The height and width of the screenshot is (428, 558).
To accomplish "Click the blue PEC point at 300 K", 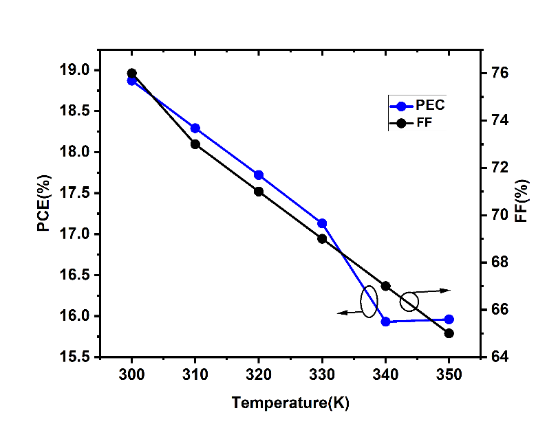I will (x=132, y=81).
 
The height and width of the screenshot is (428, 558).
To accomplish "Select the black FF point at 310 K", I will (x=195, y=144).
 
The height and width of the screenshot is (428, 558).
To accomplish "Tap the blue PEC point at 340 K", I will (x=386, y=322).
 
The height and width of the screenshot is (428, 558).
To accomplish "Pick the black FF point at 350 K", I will (x=449, y=333).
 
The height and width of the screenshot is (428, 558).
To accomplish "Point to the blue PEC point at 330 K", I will (x=322, y=223).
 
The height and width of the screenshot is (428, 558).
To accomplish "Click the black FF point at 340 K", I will (x=386, y=286).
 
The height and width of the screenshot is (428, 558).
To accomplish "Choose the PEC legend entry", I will (x=420, y=106).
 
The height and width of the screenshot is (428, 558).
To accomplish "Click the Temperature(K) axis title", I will (x=290, y=403).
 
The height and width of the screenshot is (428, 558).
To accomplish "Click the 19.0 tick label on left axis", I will (x=75, y=70).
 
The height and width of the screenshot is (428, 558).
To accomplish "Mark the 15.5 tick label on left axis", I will (x=75, y=357).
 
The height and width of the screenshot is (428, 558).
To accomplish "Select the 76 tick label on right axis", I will (x=500, y=73).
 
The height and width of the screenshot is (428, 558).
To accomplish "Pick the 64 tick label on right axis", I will (x=500, y=357).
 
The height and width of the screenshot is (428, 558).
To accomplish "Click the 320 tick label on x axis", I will (x=259, y=376).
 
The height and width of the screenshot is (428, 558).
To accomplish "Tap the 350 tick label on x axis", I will (x=449, y=376).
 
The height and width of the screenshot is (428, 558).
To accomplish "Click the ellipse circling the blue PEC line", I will (x=369, y=302).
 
